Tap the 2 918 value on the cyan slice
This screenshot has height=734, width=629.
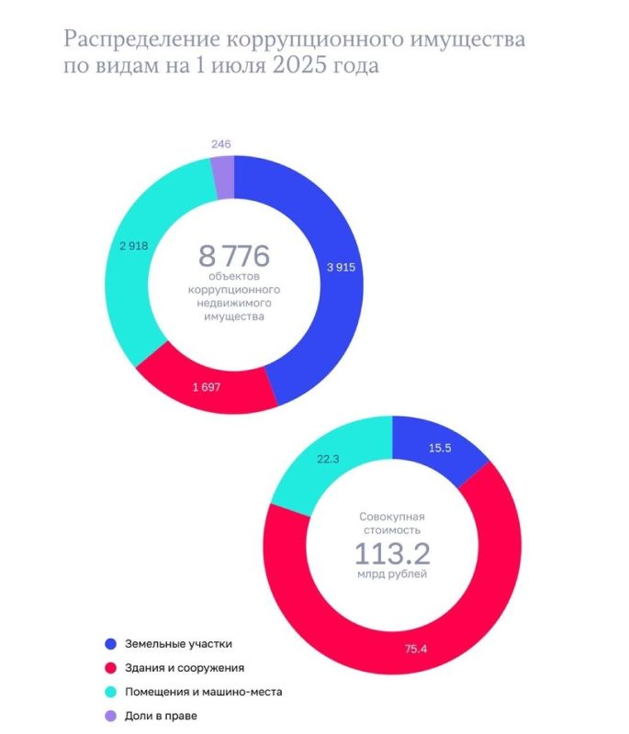[x=134, y=245]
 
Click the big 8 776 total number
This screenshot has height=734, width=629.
[x=234, y=254]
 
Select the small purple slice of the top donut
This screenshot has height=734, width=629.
[x=223, y=177]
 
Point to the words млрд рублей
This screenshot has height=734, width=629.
[x=392, y=576]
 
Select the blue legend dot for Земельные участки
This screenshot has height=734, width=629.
[x=110, y=644]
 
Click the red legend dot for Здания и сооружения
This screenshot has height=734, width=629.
[x=110, y=668]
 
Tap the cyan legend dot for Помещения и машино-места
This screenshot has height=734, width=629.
[x=110, y=692]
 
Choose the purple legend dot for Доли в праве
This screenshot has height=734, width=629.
[x=110, y=716]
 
